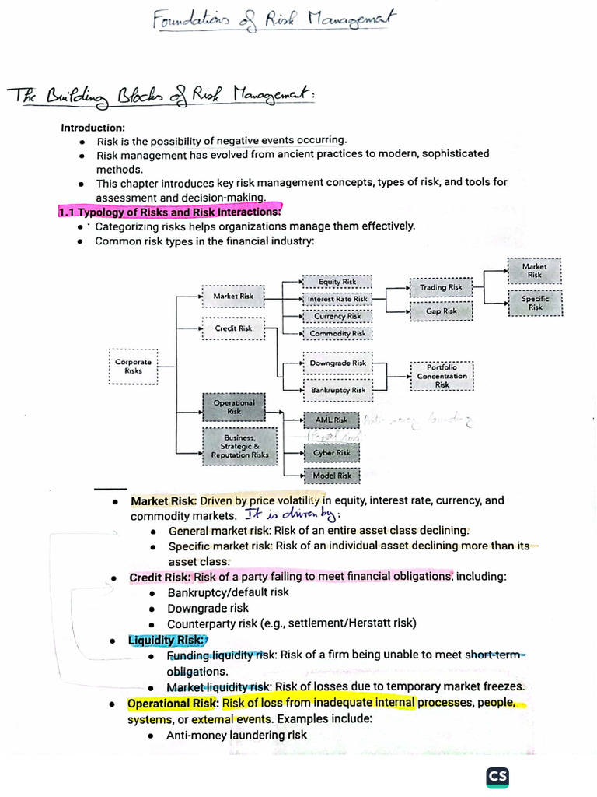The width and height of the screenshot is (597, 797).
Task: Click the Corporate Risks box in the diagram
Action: (x=134, y=367)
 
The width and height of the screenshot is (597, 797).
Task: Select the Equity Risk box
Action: (x=337, y=282)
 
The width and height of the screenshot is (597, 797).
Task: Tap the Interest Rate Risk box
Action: (x=337, y=299)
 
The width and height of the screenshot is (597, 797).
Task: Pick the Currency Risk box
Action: (x=337, y=316)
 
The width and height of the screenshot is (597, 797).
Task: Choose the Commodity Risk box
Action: (x=337, y=333)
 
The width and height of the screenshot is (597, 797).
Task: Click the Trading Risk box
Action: (x=441, y=287)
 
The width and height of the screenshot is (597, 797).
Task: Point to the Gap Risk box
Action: (x=441, y=311)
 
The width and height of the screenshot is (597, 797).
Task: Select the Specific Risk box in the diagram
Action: (x=535, y=303)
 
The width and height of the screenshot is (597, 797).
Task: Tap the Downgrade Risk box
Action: (x=337, y=363)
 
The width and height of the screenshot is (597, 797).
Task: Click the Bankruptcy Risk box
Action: (x=337, y=390)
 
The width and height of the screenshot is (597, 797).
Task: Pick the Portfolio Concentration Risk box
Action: (x=442, y=376)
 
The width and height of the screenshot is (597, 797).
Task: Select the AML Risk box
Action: (x=332, y=420)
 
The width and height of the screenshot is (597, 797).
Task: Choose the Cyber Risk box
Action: (x=332, y=452)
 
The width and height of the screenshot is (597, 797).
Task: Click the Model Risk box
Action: (x=332, y=476)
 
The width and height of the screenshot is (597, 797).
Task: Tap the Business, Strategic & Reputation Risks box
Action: (x=239, y=447)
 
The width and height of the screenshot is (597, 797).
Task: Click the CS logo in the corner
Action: (x=497, y=778)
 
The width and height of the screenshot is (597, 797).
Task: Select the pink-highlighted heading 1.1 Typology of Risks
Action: (x=169, y=212)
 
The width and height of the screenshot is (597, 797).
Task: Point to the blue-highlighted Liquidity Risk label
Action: (x=166, y=640)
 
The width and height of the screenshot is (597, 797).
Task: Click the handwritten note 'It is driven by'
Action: (x=293, y=514)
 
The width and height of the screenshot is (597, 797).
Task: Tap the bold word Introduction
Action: (x=93, y=128)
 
